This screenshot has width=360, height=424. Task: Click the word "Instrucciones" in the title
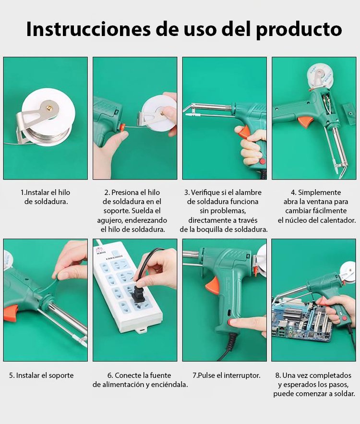(88, 29)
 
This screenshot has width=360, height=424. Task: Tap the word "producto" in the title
(299, 30)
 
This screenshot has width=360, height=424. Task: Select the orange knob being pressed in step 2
(122, 127)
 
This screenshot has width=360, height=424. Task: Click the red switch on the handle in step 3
(262, 162)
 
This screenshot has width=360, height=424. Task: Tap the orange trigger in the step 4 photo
(304, 121)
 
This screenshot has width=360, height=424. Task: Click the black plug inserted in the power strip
(139, 291)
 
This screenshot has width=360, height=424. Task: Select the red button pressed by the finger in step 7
(232, 322)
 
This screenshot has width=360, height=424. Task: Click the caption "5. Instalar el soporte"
(41, 376)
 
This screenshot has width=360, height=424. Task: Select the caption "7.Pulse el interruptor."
(227, 376)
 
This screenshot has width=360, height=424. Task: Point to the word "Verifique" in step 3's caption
(205, 193)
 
